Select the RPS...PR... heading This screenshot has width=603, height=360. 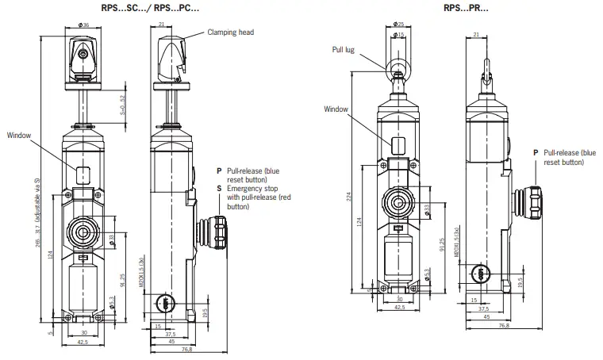467,8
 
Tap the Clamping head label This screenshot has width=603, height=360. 231,33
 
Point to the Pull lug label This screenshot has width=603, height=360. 343,49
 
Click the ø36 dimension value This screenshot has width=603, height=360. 84,25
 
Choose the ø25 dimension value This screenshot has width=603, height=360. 398,24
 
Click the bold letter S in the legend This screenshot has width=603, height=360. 218,189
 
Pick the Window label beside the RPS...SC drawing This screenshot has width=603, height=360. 18,136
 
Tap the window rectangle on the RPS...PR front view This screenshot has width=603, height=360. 399,144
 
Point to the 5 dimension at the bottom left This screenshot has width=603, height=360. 48,332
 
